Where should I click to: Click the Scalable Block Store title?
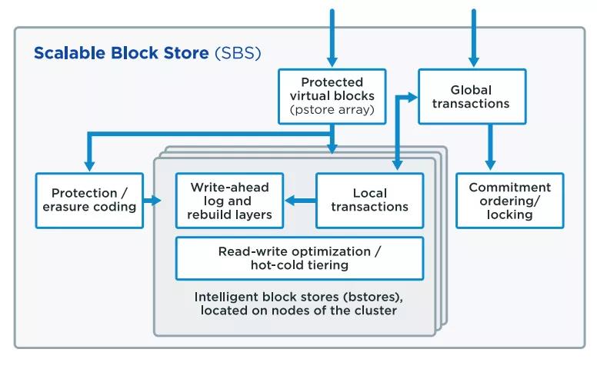[148, 53]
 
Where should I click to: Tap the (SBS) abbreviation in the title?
[238, 53]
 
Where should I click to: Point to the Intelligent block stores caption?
[298, 304]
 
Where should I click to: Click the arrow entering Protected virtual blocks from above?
[332, 38]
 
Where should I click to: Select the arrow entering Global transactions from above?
[474, 38]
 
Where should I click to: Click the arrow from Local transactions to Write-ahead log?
[300, 201]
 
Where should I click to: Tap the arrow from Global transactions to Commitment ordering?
[490, 147]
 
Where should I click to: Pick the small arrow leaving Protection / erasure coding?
[152, 201]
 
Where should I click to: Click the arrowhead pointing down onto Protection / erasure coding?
[89, 165]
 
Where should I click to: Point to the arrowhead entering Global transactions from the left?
[412, 98]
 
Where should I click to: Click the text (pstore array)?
[332, 110]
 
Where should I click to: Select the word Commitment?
[510, 187]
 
